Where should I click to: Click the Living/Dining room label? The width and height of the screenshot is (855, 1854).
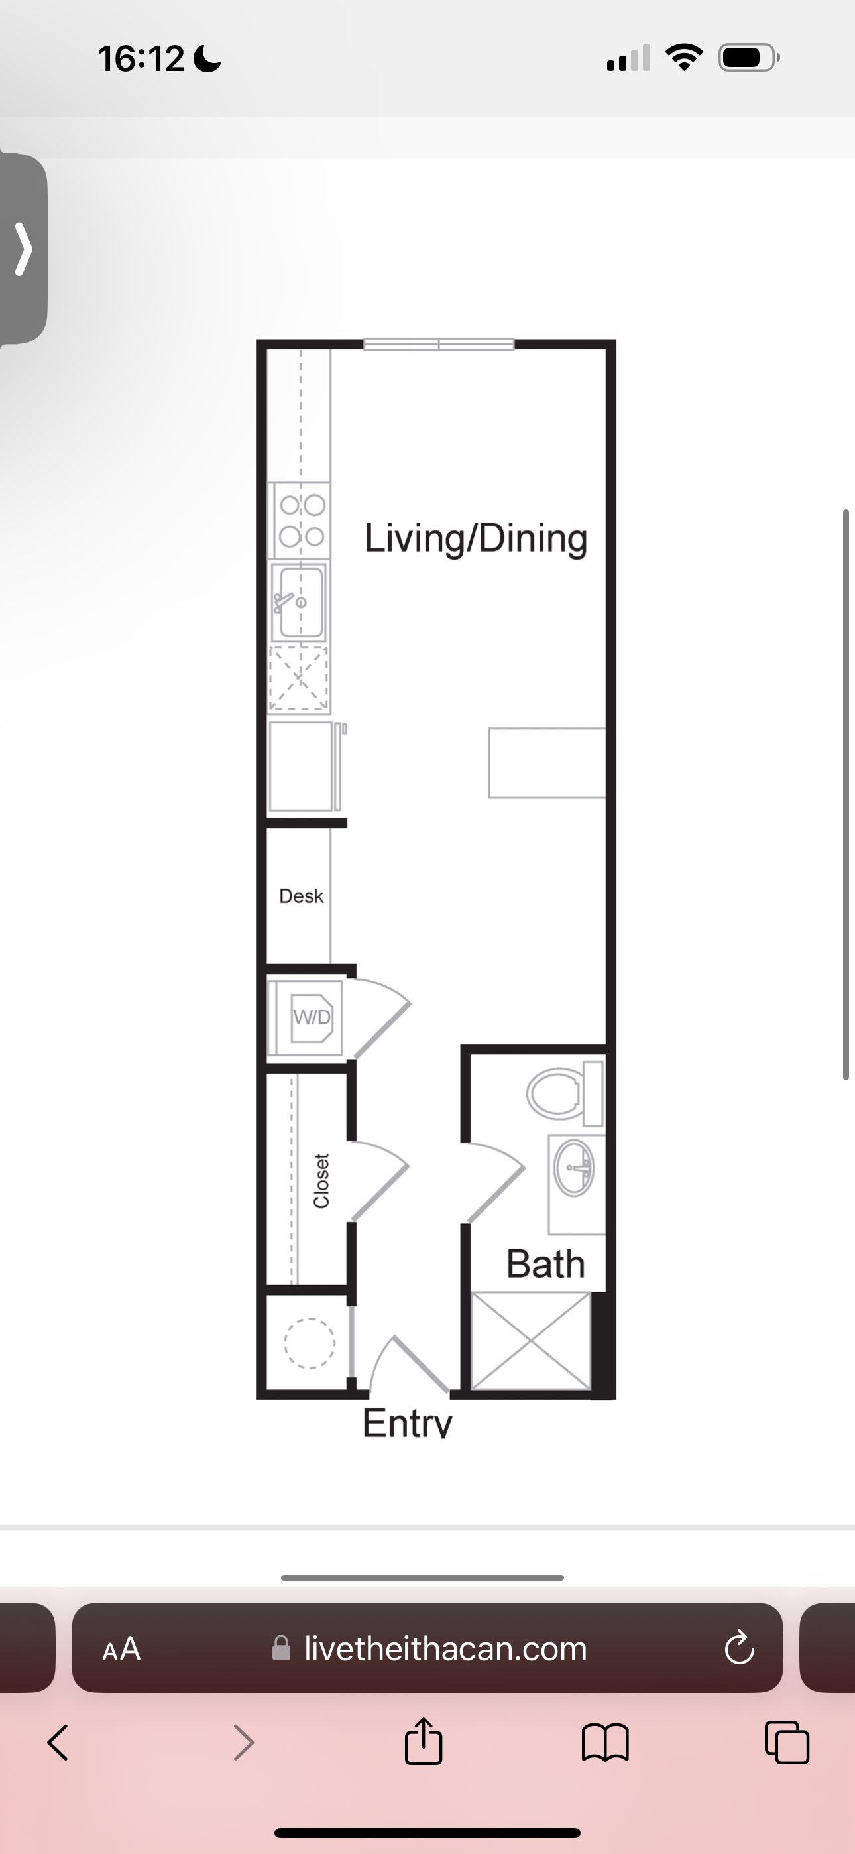pyautogui.click(x=476, y=539)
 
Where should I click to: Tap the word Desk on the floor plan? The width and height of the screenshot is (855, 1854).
pyautogui.click(x=301, y=896)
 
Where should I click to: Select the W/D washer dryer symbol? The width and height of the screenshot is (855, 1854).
pyautogui.click(x=312, y=1017)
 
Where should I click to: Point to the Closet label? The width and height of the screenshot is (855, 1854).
pyautogui.click(x=321, y=1181)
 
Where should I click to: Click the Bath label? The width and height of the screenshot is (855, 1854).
pyautogui.click(x=545, y=1264)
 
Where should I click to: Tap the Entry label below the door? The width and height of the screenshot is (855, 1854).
pyautogui.click(x=408, y=1423)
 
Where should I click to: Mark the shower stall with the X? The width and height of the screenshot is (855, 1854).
pyautogui.click(x=530, y=1340)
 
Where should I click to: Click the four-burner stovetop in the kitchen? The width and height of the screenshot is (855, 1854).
pyautogui.click(x=302, y=521)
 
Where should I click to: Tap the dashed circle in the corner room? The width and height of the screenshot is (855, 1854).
pyautogui.click(x=310, y=1343)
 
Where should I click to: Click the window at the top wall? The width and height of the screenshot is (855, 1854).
pyautogui.click(x=439, y=344)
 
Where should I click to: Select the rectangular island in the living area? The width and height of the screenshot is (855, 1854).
pyautogui.click(x=547, y=763)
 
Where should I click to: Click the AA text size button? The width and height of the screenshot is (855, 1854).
pyautogui.click(x=122, y=1649)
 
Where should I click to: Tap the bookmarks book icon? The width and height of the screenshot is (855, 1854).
pyautogui.click(x=605, y=1743)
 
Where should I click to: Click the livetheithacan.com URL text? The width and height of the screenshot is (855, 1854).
pyautogui.click(x=445, y=1648)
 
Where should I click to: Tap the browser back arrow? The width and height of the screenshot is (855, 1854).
pyautogui.click(x=58, y=1743)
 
